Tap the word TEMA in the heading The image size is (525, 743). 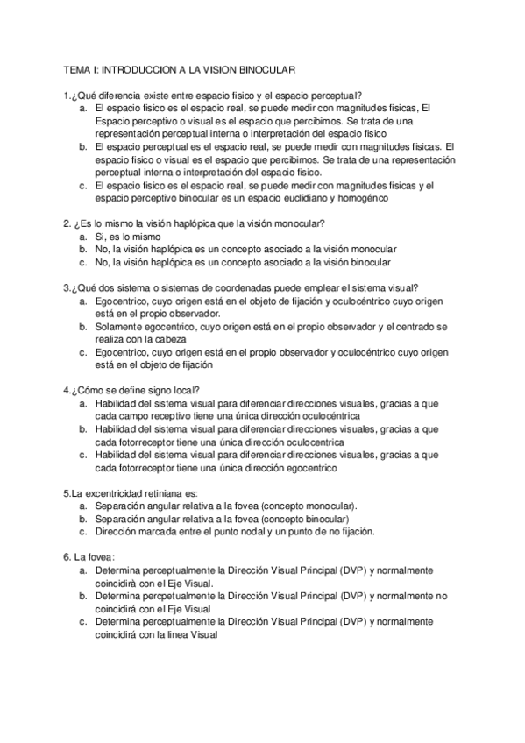coord(78,68)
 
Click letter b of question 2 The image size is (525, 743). coord(82,250)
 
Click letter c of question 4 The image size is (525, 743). coord(82,455)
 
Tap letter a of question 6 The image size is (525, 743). coord(82,570)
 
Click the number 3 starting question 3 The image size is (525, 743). coord(67,287)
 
